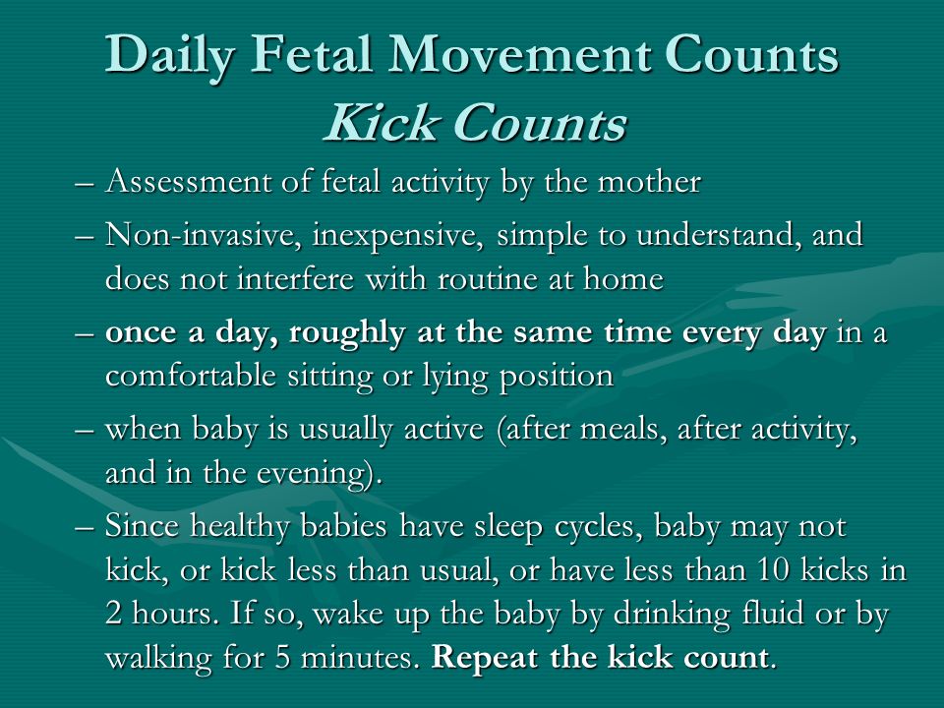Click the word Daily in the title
point(170,55)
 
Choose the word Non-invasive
point(204,234)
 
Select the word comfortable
point(190,376)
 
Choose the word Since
point(142,525)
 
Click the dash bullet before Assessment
point(85,184)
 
